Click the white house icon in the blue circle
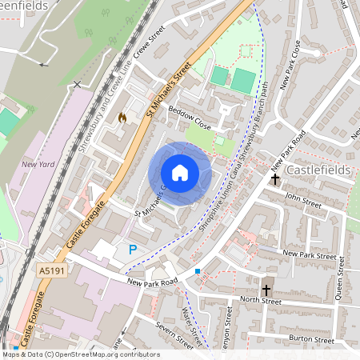pos(180,173)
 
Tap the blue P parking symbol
pos(132,250)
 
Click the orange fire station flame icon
pos(122,118)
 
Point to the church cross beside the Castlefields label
pos(275,178)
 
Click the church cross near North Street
pos(266,289)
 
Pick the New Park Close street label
pos(290,64)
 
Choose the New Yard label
pos(38,165)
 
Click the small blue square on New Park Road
pos(198,272)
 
